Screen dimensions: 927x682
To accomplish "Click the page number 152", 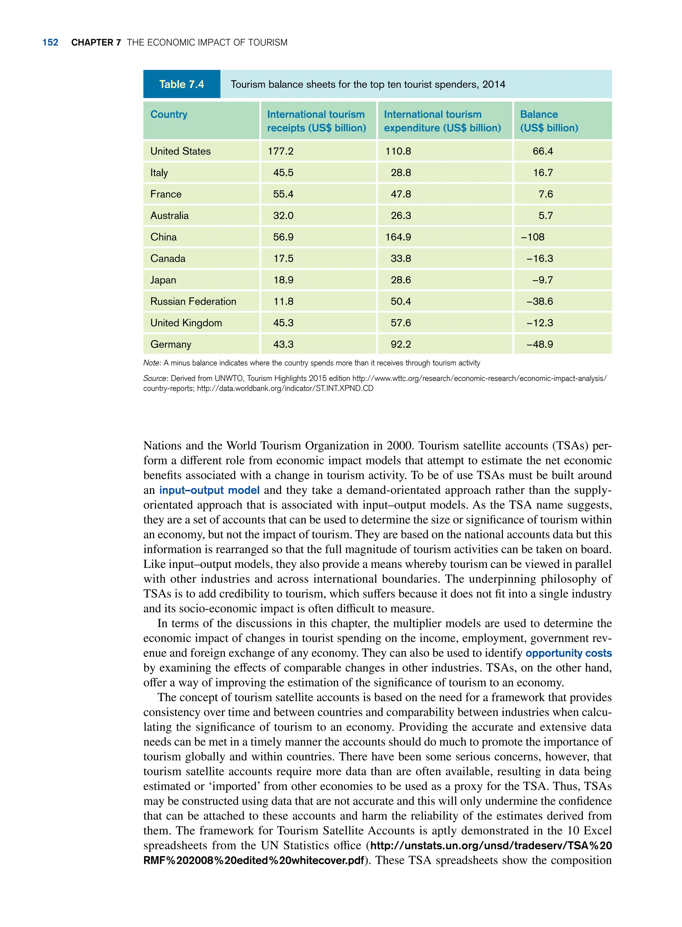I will tap(50, 43).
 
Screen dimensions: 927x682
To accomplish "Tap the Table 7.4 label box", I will tap(181, 84).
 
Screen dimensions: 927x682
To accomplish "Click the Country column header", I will tap(169, 114).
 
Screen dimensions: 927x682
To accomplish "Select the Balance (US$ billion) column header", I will tap(549, 121).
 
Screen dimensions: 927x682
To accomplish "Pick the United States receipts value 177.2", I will tap(280, 151).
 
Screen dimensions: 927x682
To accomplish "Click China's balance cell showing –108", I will tap(532, 237).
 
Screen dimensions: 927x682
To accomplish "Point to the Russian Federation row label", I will tap(193, 301).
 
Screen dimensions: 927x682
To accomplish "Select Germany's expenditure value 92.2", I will tap(401, 344).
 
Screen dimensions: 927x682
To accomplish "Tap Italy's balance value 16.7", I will tap(542, 173).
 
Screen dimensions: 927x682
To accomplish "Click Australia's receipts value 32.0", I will tap(283, 216).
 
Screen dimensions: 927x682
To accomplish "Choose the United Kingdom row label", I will tap(186, 323).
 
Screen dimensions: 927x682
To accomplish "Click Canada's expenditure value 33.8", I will tap(401, 258).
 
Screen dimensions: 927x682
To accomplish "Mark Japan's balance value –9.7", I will tap(542, 280).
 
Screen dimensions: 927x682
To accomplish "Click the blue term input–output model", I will tap(209, 490).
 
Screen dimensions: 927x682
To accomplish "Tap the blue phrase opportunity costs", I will tap(568, 653).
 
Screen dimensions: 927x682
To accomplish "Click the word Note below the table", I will tap(151, 363).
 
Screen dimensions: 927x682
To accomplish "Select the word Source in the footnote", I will tap(155, 378).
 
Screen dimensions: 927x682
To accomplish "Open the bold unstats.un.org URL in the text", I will tap(491, 846).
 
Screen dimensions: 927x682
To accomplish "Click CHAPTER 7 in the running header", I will tap(96, 43).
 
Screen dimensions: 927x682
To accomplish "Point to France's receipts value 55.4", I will tap(283, 194).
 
